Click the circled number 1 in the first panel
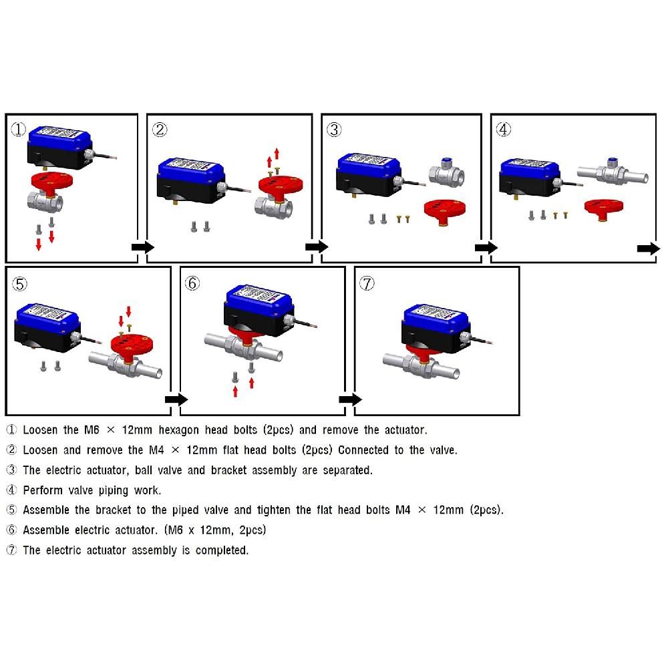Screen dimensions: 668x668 pos(18,129)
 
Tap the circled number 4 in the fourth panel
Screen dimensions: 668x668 pos(504,129)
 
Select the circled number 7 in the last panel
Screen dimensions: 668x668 pos(367,283)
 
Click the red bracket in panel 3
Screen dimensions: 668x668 pos(444,211)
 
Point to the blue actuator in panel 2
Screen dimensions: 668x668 pos(191,180)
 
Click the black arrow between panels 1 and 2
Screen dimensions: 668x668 pos(143,247)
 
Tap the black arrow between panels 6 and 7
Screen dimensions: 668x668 pos(350,399)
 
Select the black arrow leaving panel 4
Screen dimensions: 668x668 pos(649,248)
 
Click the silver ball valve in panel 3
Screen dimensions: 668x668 pos(446,171)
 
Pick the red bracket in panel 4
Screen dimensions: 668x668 pos(604,208)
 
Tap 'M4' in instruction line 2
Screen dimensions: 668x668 pos(156,450)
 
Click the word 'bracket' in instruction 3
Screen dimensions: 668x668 pos(228,470)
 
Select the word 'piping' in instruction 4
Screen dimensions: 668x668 pos(114,491)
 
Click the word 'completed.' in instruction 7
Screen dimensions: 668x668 pos(222,550)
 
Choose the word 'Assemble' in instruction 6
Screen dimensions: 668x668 pos(46,530)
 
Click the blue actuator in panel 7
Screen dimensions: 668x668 pos(436,329)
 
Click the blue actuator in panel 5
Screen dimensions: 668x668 pos(47,327)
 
